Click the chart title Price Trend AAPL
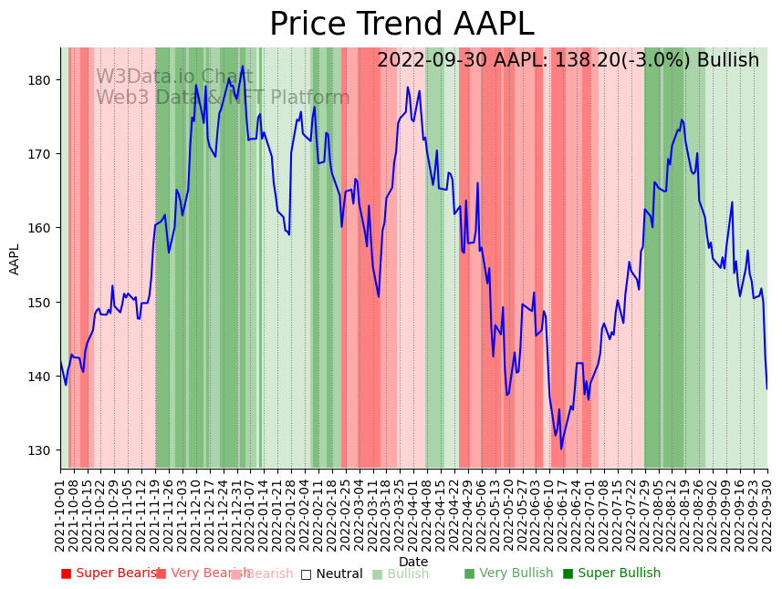point(401,25)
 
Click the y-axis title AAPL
point(15,259)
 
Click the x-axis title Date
point(413,563)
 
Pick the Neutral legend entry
point(331,573)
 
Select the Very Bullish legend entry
point(508,573)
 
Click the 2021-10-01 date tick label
point(60,514)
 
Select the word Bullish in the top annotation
point(727,61)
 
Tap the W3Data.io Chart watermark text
point(174,77)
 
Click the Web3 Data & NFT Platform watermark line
point(223,98)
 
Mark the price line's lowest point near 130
point(561,448)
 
